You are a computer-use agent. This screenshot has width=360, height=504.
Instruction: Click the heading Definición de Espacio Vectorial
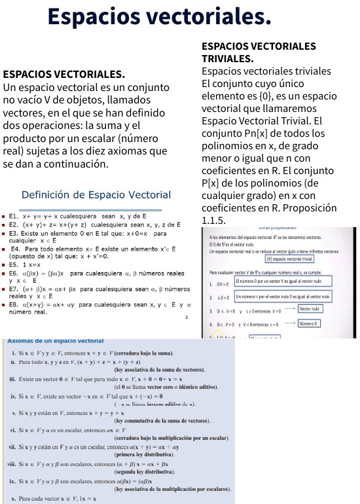click(x=96, y=195)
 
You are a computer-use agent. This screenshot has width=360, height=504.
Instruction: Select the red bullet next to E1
click(x=5, y=215)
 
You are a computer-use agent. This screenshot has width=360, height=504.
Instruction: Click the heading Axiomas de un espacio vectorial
click(x=55, y=341)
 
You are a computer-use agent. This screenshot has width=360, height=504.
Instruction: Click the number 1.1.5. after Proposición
click(x=214, y=220)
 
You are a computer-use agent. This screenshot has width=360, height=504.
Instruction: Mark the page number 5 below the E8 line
click(x=186, y=317)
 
